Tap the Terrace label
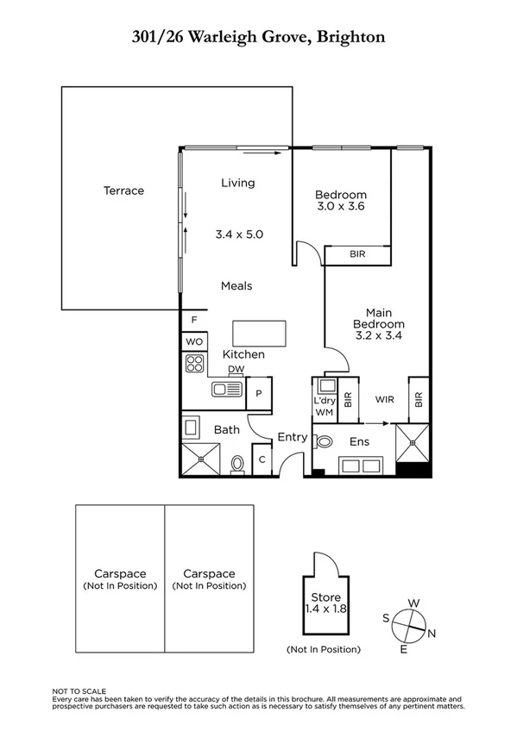tap(123, 191)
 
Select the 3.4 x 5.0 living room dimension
tap(238, 234)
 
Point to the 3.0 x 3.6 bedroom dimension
tap(340, 207)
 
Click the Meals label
tap(236, 286)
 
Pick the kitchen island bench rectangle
tap(258, 332)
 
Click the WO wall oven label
tap(194, 342)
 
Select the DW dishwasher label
tap(236, 370)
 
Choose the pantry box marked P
tap(260, 393)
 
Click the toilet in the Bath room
tap(238, 464)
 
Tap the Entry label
tap(292, 438)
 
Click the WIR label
tap(384, 399)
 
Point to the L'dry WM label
tap(324, 406)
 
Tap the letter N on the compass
tap(432, 634)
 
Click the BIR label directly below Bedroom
tap(357, 255)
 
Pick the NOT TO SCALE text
tap(79, 691)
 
